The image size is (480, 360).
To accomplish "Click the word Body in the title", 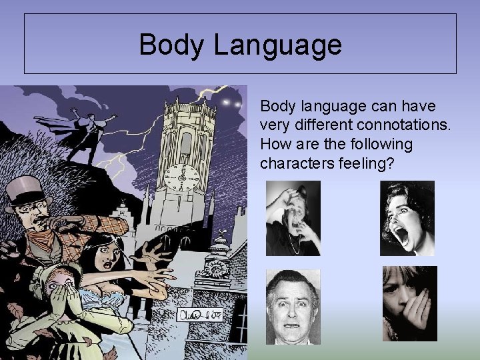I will [167, 45].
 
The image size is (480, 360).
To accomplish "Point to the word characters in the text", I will [292, 163].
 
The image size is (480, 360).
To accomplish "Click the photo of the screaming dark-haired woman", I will [407, 218].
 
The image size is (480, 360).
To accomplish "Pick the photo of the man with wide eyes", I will [293, 307].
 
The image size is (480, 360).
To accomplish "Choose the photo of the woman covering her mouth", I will [409, 303].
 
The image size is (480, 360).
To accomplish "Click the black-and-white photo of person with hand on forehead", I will [293, 218].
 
